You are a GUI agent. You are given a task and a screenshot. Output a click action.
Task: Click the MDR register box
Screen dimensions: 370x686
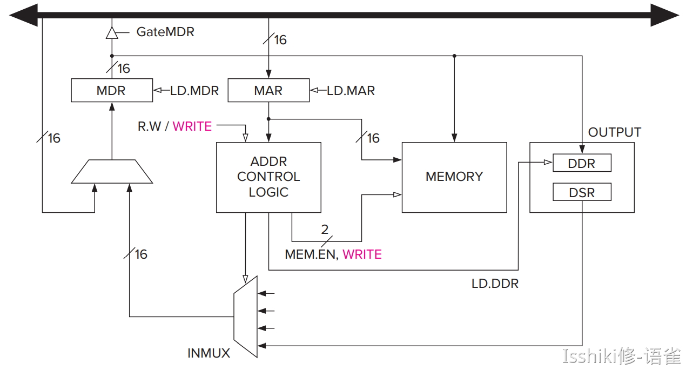coord(112,90)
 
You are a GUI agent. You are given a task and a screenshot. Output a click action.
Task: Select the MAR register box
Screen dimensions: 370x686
coord(268,90)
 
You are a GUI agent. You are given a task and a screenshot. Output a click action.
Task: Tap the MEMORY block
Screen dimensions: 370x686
coord(454,177)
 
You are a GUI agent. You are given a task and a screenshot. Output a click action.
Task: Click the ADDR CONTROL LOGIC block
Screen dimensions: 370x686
coord(268,177)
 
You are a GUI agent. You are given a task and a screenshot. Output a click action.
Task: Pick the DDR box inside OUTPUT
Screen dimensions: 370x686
coord(582,163)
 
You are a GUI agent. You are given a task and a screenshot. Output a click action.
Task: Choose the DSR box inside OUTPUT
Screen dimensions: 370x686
coord(582,192)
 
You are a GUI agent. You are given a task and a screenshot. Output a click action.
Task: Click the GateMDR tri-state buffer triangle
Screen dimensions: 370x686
coord(112,33)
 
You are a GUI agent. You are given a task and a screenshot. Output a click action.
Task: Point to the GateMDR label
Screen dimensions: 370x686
coord(165,32)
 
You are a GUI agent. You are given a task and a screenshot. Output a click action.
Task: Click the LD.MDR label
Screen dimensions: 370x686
coord(194,91)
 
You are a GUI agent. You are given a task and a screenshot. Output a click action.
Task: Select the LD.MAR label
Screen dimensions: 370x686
coord(351,91)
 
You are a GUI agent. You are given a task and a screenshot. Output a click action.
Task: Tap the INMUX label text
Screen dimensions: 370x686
coord(209,353)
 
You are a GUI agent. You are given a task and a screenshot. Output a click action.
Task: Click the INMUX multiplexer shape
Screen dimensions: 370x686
coord(246,317)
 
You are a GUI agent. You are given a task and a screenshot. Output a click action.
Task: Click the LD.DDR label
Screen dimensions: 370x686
coord(495,284)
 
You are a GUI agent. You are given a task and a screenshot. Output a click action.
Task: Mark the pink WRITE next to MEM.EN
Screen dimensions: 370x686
coord(362,254)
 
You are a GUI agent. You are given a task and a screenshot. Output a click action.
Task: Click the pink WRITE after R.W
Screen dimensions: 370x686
coord(192,126)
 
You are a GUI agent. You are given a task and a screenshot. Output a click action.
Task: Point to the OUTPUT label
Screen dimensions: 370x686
coord(614,132)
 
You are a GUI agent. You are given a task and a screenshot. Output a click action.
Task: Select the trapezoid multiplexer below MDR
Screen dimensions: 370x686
coord(112,171)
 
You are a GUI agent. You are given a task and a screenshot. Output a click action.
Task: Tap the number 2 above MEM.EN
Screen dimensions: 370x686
coord(325,230)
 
